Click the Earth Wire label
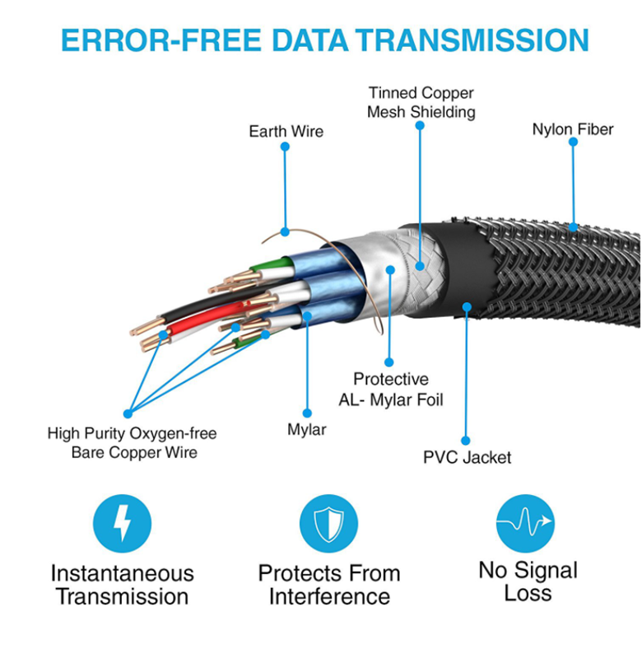(x=286, y=131)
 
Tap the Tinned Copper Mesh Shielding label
(x=421, y=102)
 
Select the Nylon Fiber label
(x=572, y=129)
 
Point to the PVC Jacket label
(x=467, y=457)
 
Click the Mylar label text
(x=306, y=429)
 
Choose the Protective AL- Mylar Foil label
(x=391, y=389)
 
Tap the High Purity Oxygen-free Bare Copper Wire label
(x=132, y=442)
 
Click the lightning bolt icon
(x=122, y=523)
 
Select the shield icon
(x=328, y=523)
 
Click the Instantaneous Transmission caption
(x=122, y=584)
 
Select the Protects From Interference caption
(x=328, y=584)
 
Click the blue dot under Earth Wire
(x=285, y=147)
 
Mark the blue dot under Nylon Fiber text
(x=573, y=142)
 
